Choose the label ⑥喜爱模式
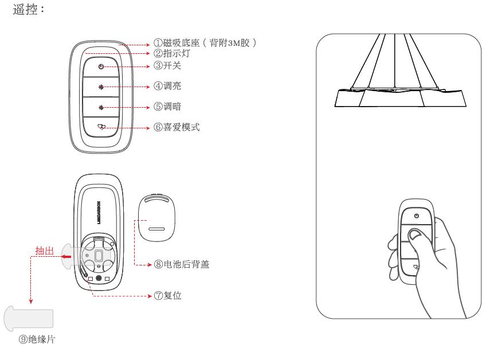pos(175,127)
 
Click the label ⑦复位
pos(167,296)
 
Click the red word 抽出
pos(45,251)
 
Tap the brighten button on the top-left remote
pos(101,87)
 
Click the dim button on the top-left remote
pos(101,107)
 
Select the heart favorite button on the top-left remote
pos(101,127)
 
